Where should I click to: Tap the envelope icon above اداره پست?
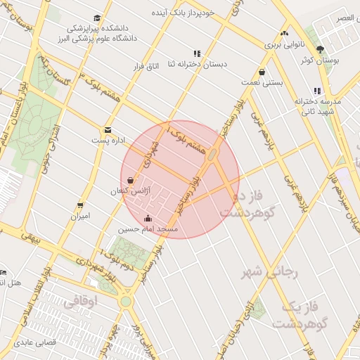(x=107, y=129)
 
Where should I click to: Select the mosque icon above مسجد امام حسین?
(x=147, y=217)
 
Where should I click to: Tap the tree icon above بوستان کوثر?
(x=321, y=49)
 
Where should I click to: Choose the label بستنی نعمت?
(x=262, y=82)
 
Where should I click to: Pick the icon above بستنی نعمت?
(x=262, y=72)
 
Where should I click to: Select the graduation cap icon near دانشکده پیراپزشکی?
(x=96, y=18)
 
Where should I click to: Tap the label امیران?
(x=79, y=217)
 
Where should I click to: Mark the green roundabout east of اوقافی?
(x=125, y=302)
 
